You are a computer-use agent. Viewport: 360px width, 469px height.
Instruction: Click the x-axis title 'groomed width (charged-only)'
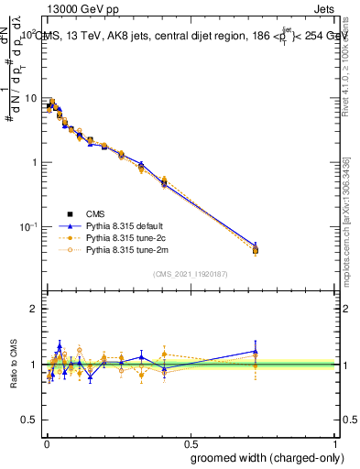click(x=262, y=457)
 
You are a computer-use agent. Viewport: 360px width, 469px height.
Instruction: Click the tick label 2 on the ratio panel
click(x=35, y=309)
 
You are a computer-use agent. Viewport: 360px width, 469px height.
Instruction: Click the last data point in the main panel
click(x=256, y=249)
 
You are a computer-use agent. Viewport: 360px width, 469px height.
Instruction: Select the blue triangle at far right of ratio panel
click(x=256, y=351)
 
